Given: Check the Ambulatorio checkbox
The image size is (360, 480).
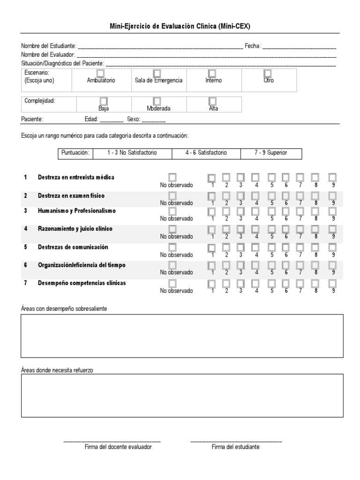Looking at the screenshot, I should point(100,73).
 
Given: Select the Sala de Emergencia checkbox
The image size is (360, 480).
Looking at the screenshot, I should point(157,73).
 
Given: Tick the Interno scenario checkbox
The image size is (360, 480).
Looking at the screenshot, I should point(212,73).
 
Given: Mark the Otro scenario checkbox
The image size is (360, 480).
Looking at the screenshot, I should point(268,73).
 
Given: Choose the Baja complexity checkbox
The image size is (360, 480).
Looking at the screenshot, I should point(104,101).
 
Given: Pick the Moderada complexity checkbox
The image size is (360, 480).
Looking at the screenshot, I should point(157,101).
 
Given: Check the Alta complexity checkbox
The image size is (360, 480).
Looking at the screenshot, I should point(213,101).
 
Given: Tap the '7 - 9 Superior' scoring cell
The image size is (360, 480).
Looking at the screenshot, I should point(271,153).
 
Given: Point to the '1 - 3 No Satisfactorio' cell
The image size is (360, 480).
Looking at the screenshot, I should point(132,153).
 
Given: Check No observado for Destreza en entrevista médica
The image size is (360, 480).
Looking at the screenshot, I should point(173,177).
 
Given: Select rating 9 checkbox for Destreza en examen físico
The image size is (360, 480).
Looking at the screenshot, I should point(332,195).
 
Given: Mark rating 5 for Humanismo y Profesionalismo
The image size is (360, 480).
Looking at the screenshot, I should point(271,211).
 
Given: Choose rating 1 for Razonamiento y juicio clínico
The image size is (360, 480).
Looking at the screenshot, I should point(212,229).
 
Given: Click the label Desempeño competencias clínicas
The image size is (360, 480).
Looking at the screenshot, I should point(82,283).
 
